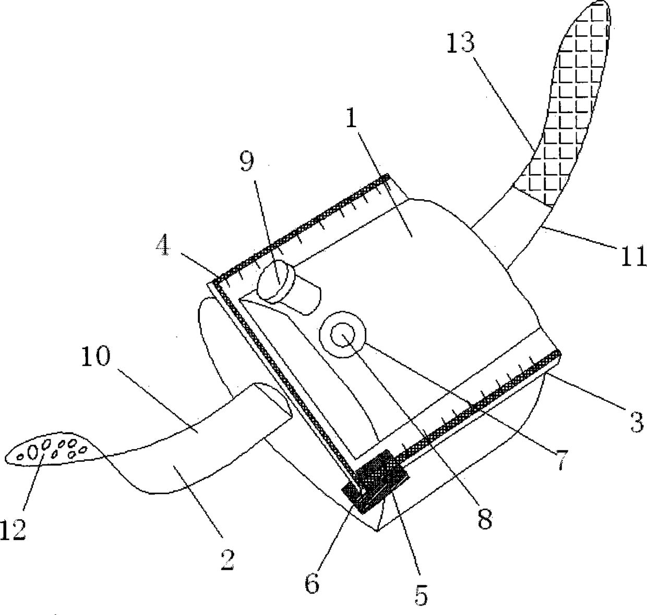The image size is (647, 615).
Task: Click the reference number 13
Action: (x=461, y=43)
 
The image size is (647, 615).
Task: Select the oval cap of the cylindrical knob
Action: (x=275, y=281)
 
